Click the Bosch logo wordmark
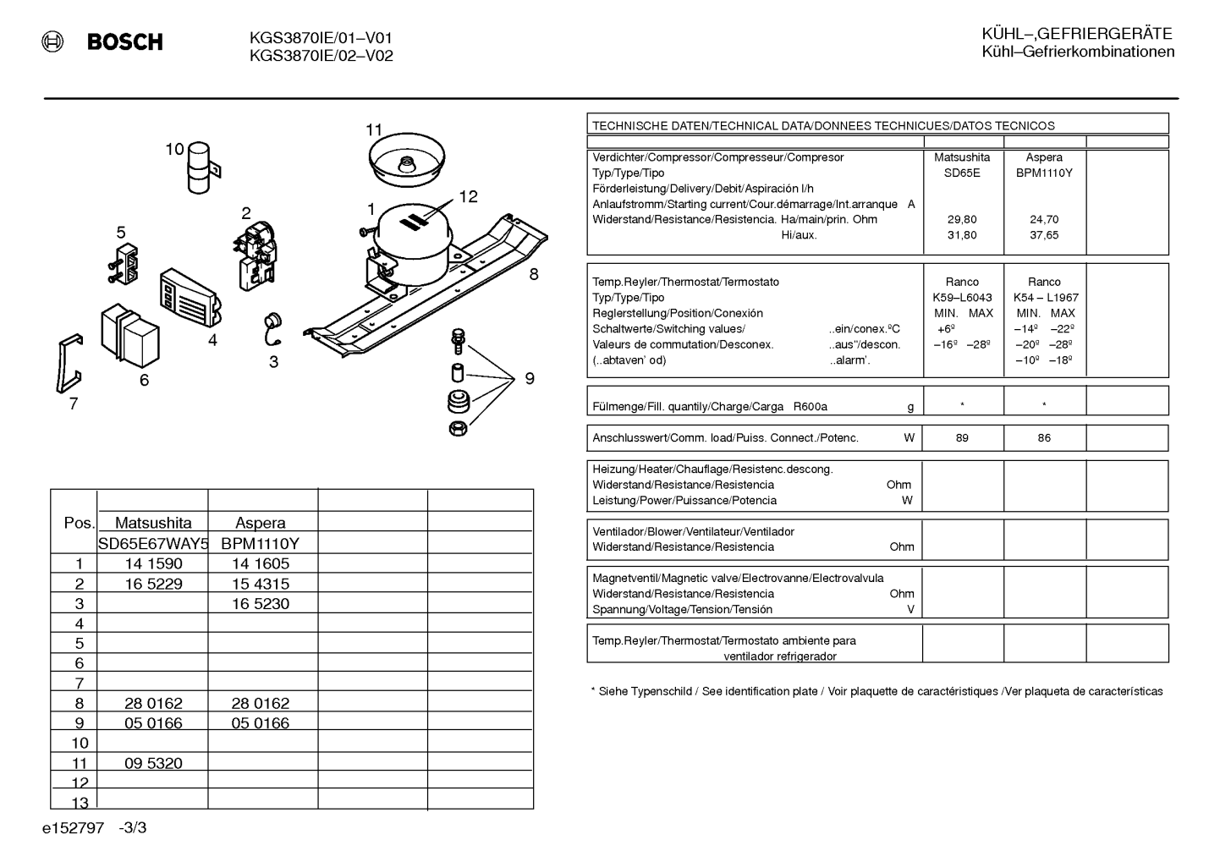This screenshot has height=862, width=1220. pyautogui.click(x=124, y=42)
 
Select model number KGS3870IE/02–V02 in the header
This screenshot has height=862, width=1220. pyautogui.click(x=321, y=56)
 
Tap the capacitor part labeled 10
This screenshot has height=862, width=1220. pyautogui.click(x=201, y=167)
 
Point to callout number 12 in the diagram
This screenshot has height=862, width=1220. pyautogui.click(x=468, y=196)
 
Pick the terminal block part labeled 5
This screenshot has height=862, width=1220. pyautogui.click(x=124, y=264)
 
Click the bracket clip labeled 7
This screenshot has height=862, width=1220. pyautogui.click(x=69, y=363)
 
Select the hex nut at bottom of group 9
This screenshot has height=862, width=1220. pyautogui.click(x=458, y=429)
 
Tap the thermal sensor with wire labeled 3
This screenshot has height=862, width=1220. pyautogui.click(x=272, y=328)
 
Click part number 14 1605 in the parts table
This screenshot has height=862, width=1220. pyautogui.click(x=261, y=563)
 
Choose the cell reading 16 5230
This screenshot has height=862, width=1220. pyautogui.click(x=261, y=604)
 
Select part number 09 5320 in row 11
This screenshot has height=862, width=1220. pyautogui.click(x=153, y=763)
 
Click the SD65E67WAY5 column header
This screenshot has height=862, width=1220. pyautogui.click(x=153, y=543)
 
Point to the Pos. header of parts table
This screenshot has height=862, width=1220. pyautogui.click(x=80, y=523)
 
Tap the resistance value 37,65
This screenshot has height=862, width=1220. pyautogui.click(x=1044, y=235)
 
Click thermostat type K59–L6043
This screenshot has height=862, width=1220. pyautogui.click(x=963, y=298)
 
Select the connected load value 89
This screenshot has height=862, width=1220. pyautogui.click(x=963, y=438)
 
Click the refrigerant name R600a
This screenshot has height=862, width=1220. pyautogui.click(x=810, y=407)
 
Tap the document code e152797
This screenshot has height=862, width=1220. pyautogui.click(x=73, y=828)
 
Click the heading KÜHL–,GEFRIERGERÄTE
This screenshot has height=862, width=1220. pyautogui.click(x=1077, y=34)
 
